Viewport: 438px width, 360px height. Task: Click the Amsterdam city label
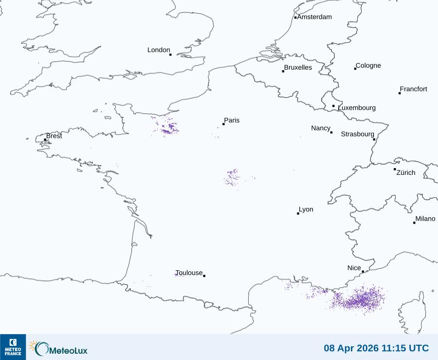(x=314, y=17)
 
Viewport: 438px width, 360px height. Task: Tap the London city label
(x=159, y=50)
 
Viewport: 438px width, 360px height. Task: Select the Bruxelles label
(x=298, y=68)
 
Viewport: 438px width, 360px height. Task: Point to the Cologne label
(x=368, y=66)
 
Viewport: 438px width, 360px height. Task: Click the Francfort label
(x=414, y=89)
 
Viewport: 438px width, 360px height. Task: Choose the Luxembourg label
(x=357, y=108)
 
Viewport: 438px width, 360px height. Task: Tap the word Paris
(x=232, y=120)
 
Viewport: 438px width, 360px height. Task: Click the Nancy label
(x=321, y=128)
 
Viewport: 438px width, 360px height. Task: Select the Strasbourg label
(x=357, y=134)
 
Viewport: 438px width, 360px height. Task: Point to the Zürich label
(x=406, y=172)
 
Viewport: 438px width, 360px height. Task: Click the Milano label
(x=425, y=219)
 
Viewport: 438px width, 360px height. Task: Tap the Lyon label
(x=306, y=209)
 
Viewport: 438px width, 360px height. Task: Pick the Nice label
(x=354, y=268)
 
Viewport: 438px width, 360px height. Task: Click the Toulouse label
(x=189, y=273)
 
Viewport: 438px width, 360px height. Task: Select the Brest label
(x=54, y=136)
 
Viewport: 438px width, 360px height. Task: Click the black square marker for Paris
(x=223, y=124)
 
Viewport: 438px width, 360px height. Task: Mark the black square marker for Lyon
(x=298, y=213)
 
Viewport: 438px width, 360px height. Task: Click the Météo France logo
(x=13, y=347)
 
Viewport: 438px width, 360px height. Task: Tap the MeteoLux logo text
(x=68, y=349)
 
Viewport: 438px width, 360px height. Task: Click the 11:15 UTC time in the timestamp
(x=405, y=348)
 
